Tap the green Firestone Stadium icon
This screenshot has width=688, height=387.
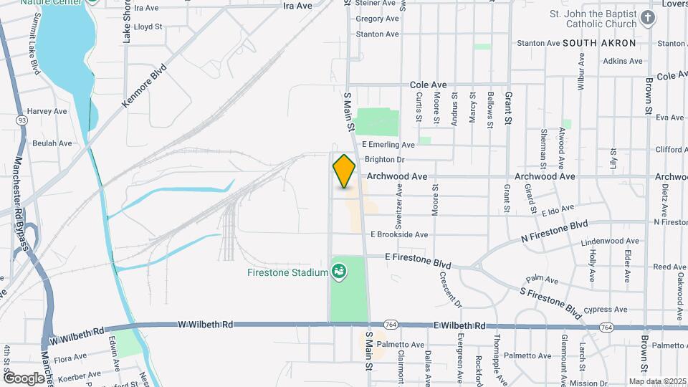pos(338,272)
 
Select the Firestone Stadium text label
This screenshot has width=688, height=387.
pos(287,272)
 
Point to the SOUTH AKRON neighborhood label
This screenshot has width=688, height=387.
pos(599,43)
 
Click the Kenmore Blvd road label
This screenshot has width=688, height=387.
pos(143,87)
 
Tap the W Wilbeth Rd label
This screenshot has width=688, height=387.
pos(206,325)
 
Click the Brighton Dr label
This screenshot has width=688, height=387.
pos(385,160)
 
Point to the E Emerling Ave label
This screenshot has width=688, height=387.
pos(388,145)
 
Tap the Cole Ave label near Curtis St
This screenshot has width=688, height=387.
pos(429,85)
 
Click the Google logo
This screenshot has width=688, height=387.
pos(23,378)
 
